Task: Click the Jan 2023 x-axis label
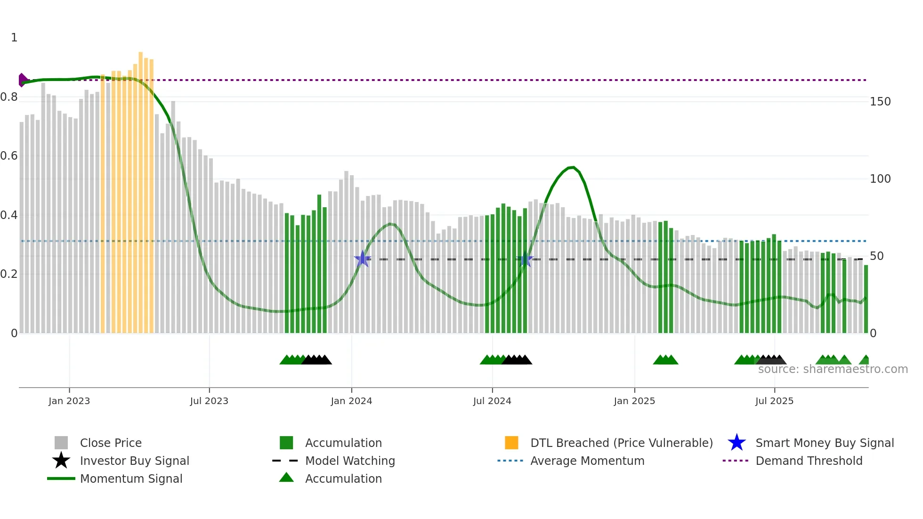click(x=69, y=401)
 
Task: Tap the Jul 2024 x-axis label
click(x=492, y=401)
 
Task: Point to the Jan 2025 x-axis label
click(x=634, y=401)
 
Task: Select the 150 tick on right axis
click(x=880, y=102)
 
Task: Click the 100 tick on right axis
click(x=880, y=179)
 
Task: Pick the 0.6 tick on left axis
click(x=9, y=156)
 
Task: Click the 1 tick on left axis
click(x=14, y=38)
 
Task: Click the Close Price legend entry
click(x=111, y=443)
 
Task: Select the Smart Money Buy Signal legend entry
click(x=825, y=443)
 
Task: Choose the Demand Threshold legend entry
click(x=809, y=461)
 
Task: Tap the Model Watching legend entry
click(x=350, y=461)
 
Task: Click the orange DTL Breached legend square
click(x=511, y=443)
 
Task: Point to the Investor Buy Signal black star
click(x=61, y=461)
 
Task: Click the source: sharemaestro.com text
click(x=833, y=369)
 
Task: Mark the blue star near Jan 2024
click(x=363, y=259)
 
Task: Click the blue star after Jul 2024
click(x=525, y=259)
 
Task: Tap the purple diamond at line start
click(x=22, y=80)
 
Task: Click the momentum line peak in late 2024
click(x=571, y=167)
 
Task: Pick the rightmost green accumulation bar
click(x=866, y=299)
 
